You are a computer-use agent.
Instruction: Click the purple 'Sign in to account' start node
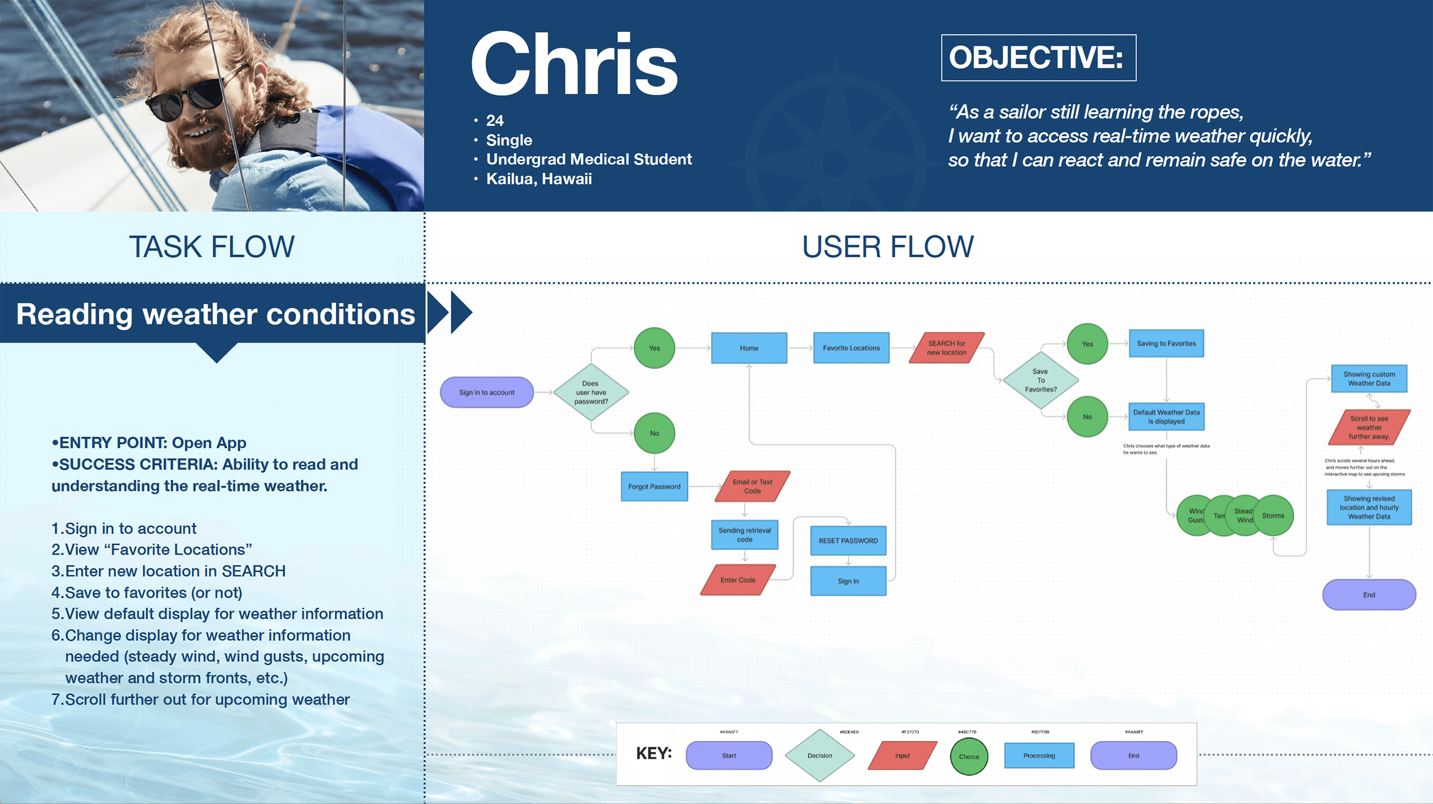pyautogui.click(x=487, y=392)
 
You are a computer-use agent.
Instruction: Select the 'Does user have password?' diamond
pyautogui.click(x=591, y=392)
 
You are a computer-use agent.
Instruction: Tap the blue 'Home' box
pyautogui.click(x=749, y=348)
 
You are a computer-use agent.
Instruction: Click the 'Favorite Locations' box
pyautogui.click(x=851, y=348)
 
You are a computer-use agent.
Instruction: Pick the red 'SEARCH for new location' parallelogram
pyautogui.click(x=946, y=348)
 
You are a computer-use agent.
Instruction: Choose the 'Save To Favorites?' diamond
pyautogui.click(x=1040, y=380)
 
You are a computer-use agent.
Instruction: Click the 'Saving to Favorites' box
pyautogui.click(x=1166, y=344)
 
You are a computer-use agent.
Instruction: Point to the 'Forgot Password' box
pyautogui.click(x=654, y=487)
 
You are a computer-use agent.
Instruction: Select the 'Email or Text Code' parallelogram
pyautogui.click(x=752, y=487)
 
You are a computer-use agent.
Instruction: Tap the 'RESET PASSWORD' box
pyautogui.click(x=848, y=541)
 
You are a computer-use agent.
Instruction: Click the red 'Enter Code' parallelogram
pyautogui.click(x=737, y=580)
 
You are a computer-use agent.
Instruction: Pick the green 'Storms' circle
pyautogui.click(x=1274, y=515)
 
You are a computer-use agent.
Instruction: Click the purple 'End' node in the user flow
pyautogui.click(x=1369, y=595)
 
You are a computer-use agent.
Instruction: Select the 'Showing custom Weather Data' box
pyautogui.click(x=1369, y=379)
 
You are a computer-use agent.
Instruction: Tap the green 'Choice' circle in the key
pyautogui.click(x=968, y=757)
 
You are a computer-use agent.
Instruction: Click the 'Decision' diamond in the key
pyautogui.click(x=820, y=756)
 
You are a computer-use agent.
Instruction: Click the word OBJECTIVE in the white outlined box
pyautogui.click(x=1036, y=57)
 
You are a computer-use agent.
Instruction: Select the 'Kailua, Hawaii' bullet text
pyautogui.click(x=538, y=179)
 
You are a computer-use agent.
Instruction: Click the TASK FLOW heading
pyautogui.click(x=212, y=247)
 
